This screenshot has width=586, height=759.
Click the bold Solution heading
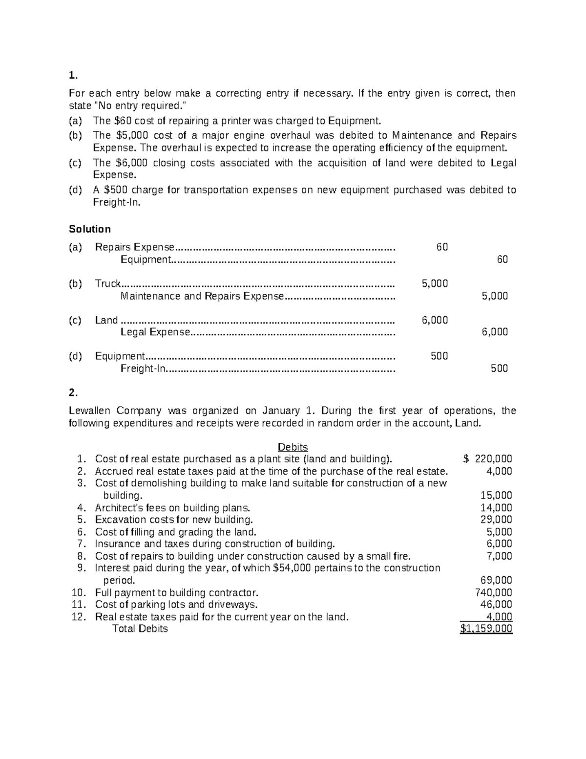tap(90, 229)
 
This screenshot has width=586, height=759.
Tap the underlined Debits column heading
tap(293, 447)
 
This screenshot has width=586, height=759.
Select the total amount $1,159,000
tap(486, 629)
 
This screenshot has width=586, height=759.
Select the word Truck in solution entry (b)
tap(107, 283)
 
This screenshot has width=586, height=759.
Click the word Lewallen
tap(91, 411)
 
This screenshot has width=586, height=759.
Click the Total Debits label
tap(140, 629)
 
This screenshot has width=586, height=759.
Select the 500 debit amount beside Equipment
tap(439, 356)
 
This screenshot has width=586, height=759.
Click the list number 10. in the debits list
tap(79, 593)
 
